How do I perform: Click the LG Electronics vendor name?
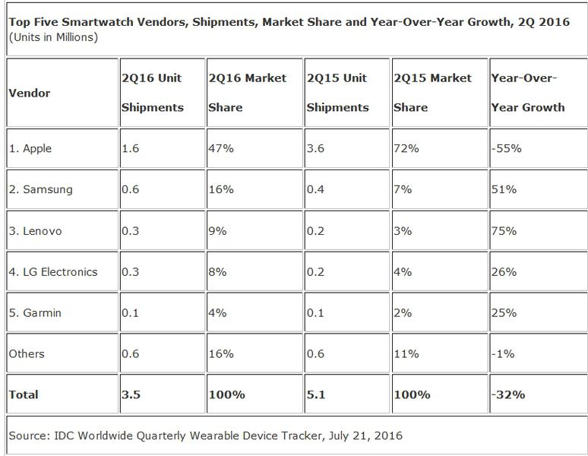pos(53,271)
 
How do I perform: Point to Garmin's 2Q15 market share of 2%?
pos(402,312)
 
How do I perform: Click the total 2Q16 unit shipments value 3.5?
pos(131,394)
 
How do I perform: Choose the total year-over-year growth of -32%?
pos(507,394)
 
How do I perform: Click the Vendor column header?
pos(29,93)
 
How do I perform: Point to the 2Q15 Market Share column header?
pos(432,93)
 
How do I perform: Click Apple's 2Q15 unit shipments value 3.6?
pos(315,149)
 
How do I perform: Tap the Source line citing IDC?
pos(205,435)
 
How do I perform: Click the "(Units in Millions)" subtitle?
pos(53,36)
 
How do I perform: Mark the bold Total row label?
pos(24,394)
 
